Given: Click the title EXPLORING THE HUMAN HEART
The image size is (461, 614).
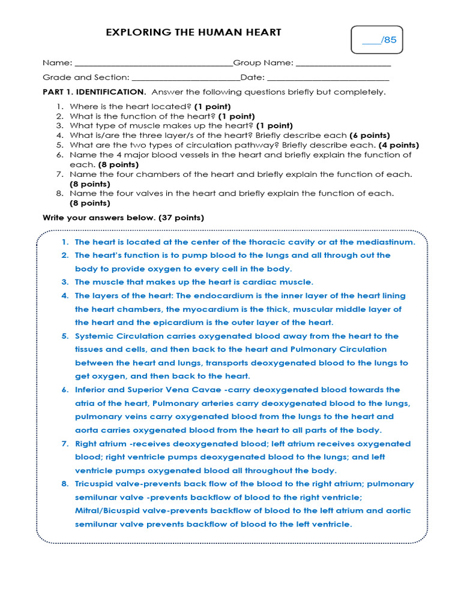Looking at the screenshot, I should pyautogui.click(x=193, y=32).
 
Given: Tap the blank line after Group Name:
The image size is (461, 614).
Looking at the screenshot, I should pyautogui.click(x=343, y=64).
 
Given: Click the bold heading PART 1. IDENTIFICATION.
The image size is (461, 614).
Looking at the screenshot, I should pyautogui.click(x=94, y=92).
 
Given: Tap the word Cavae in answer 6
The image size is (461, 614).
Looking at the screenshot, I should pyautogui.click(x=186, y=390).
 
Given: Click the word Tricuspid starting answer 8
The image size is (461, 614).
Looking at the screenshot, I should pyautogui.click(x=94, y=484).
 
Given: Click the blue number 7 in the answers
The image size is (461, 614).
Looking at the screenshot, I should pyautogui.click(x=64, y=444).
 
